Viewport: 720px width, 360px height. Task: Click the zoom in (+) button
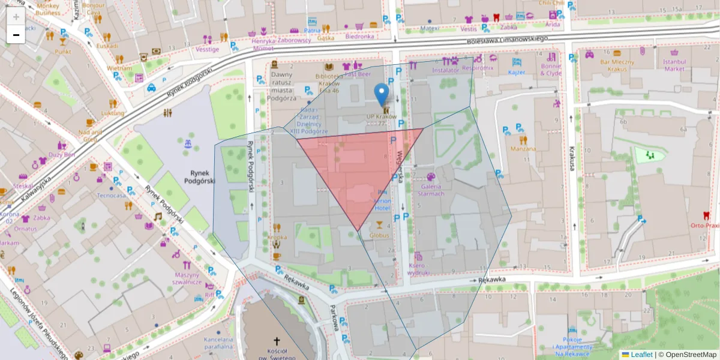point(16,17)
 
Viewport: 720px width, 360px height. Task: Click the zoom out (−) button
point(16,35)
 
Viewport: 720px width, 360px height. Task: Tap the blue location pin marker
point(381,95)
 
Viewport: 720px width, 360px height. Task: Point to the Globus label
point(379,235)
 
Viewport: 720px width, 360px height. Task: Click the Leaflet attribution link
point(641,355)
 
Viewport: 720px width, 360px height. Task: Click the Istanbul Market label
point(674,65)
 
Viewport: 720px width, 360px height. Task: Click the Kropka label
point(277,237)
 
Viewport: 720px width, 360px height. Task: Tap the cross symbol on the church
point(277,340)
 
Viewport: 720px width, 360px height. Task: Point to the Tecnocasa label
point(112,195)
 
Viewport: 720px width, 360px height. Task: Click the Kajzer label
point(517,72)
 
